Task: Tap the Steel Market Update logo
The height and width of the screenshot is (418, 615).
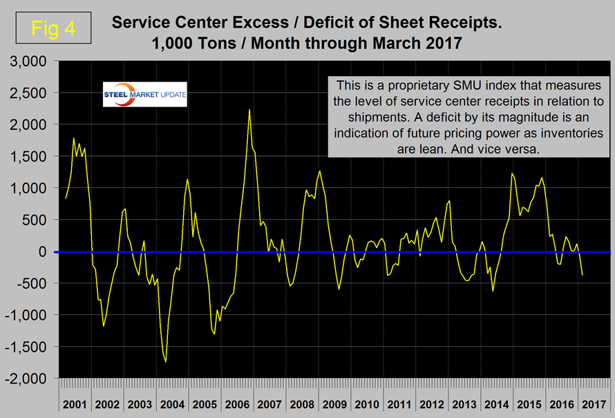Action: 145,95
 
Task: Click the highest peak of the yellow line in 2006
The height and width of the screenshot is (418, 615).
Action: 249,110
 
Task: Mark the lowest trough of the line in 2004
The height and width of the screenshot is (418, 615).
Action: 166,361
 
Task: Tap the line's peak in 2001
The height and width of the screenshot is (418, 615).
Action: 73,139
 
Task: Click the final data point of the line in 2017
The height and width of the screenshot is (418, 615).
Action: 582,275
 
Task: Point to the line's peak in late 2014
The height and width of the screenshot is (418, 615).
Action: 511,173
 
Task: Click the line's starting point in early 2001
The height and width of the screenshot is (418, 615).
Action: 66,198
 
